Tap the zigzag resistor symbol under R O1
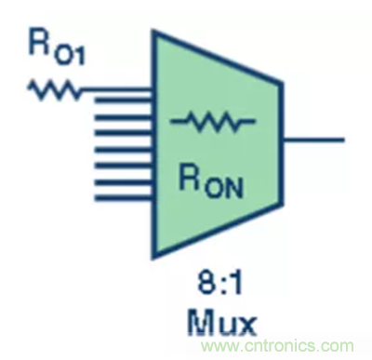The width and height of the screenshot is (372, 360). pyautogui.click(x=54, y=89)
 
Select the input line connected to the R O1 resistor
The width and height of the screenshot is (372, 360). pyautogui.click(x=116, y=90)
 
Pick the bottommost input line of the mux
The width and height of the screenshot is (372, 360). pyautogui.click(x=124, y=197)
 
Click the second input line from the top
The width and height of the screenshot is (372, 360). pyautogui.click(x=124, y=100)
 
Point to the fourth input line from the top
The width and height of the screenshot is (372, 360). pyautogui.click(x=124, y=134)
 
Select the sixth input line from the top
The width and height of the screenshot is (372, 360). pyautogui.click(x=124, y=166)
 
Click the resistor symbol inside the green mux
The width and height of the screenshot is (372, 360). pyautogui.click(x=213, y=121)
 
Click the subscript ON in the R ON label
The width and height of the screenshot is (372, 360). pyautogui.click(x=223, y=188)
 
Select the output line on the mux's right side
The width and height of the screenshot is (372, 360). pyautogui.click(x=313, y=140)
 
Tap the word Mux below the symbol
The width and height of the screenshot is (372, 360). pyautogui.click(x=221, y=324)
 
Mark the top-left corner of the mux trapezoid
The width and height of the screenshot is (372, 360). pyautogui.click(x=153, y=31)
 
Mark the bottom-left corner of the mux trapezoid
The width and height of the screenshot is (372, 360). pyautogui.click(x=153, y=258)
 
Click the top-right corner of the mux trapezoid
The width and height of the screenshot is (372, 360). pyautogui.click(x=283, y=83)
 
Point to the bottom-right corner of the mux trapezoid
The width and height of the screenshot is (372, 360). pyautogui.click(x=283, y=205)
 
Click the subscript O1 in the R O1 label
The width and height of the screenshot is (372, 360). pyautogui.click(x=71, y=58)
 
